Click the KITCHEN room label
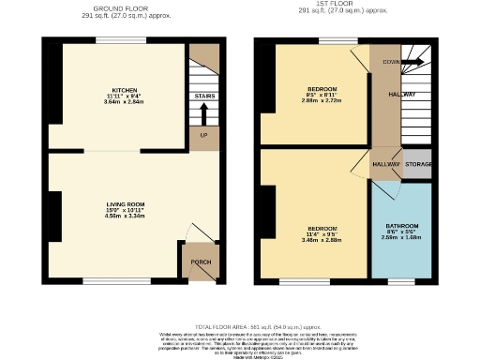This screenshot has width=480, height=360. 118,90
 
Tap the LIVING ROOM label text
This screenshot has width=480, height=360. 124,202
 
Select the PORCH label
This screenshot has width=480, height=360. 200,262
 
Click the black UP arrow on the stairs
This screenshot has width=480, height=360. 203,113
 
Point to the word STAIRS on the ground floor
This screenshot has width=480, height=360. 203,96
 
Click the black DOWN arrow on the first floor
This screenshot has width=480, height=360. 413,63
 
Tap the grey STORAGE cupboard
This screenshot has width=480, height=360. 418,164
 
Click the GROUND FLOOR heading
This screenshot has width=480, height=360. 122,5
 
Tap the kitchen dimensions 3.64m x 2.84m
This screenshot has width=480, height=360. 118,102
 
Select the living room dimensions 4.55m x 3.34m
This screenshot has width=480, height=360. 124,215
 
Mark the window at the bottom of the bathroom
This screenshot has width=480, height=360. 401,280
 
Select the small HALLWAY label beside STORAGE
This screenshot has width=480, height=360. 386,164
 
